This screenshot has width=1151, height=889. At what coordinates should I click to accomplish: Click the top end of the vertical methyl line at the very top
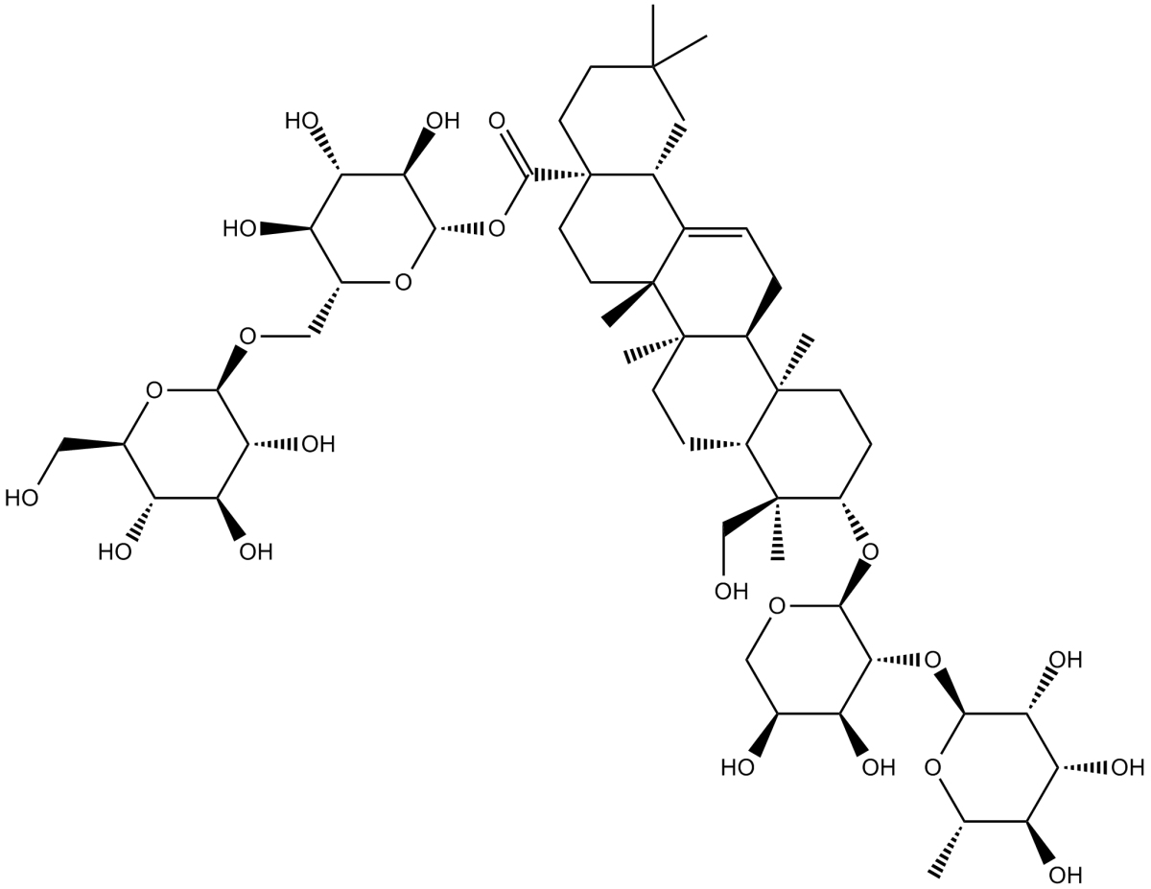(652, 6)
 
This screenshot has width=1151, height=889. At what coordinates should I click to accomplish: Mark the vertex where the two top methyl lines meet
(652, 67)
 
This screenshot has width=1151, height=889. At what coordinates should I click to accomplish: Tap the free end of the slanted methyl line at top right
(707, 36)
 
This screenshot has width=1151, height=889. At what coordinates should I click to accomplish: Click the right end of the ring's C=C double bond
(747, 229)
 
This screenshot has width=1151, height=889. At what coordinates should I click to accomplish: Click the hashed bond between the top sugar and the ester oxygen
(459, 229)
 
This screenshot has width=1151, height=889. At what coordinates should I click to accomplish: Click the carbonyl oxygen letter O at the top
(496, 121)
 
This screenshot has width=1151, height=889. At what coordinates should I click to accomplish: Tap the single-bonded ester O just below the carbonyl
(497, 229)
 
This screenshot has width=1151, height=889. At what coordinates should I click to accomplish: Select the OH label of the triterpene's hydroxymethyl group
(731, 591)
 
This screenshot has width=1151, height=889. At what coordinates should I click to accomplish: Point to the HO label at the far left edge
(22, 498)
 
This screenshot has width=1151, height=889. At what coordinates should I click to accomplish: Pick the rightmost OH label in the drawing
(1128, 768)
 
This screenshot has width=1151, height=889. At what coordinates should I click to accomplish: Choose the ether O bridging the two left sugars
(247, 336)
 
